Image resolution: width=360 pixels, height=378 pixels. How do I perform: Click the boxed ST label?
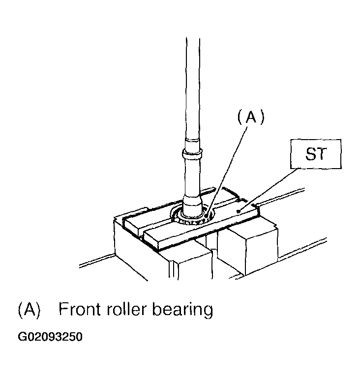[x=316, y=154]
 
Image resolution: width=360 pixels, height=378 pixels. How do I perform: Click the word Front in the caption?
[x=80, y=309]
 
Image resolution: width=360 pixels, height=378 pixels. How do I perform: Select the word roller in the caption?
[x=126, y=309]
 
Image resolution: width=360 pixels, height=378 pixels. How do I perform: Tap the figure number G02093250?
[x=50, y=337]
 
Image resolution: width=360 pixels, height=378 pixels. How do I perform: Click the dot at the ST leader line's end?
[x=239, y=211]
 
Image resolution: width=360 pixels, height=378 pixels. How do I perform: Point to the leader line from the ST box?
[x=268, y=190]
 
